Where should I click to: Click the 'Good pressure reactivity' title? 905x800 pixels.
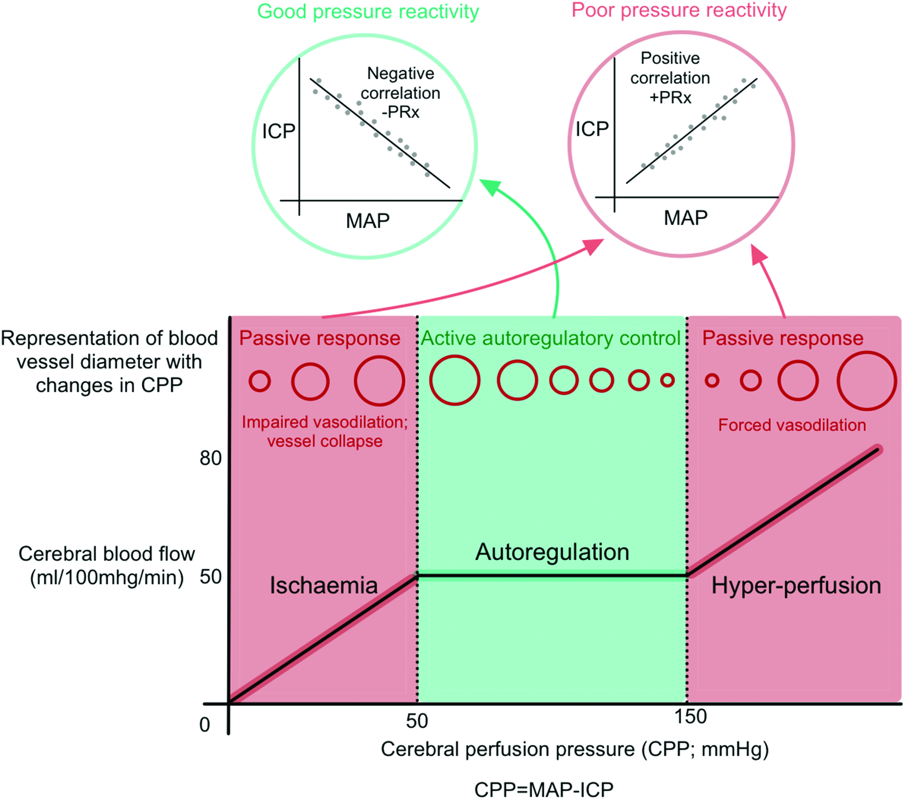pyautogui.click(x=368, y=12)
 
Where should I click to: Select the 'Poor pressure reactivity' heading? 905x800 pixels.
pyautogui.click(x=679, y=11)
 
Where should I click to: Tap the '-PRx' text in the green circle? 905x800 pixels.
pyautogui.click(x=400, y=112)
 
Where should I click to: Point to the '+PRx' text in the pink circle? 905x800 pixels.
pyautogui.click(x=670, y=97)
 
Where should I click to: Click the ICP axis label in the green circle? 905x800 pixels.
pyautogui.click(x=279, y=132)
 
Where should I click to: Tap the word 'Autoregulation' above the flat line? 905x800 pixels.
pyautogui.click(x=552, y=553)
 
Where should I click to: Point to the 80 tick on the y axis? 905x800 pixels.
pyautogui.click(x=210, y=458)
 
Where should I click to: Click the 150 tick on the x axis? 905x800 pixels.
pyautogui.click(x=690, y=717)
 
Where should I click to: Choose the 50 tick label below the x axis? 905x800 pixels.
pyautogui.click(x=417, y=721)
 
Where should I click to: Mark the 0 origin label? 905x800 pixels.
pyautogui.click(x=205, y=725)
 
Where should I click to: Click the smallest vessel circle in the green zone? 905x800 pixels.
pyautogui.click(x=667, y=380)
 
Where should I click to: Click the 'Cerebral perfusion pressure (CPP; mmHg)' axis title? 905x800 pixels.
pyautogui.click(x=575, y=750)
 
